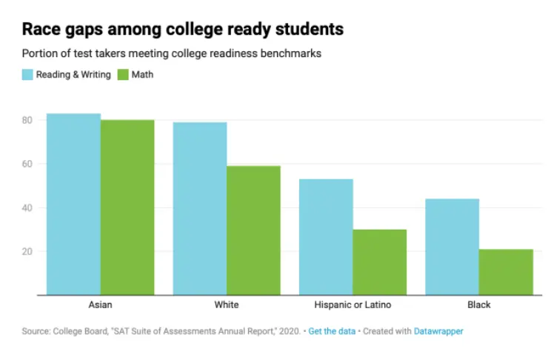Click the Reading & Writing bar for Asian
[x=73, y=204]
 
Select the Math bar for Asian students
[x=127, y=207]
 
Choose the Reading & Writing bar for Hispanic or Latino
[x=327, y=237]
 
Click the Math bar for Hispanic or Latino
[x=380, y=262]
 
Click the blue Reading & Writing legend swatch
[x=27, y=74]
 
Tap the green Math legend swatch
[x=122, y=74]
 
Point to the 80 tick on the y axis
[x=27, y=120]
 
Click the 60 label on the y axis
[x=27, y=164]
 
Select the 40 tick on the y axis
[x=27, y=207]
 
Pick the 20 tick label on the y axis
[x=27, y=251]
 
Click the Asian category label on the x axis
[x=100, y=304]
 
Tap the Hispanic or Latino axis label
[x=353, y=304]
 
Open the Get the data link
[x=331, y=331]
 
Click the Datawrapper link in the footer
[x=439, y=331]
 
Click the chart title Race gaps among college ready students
[x=182, y=30]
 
